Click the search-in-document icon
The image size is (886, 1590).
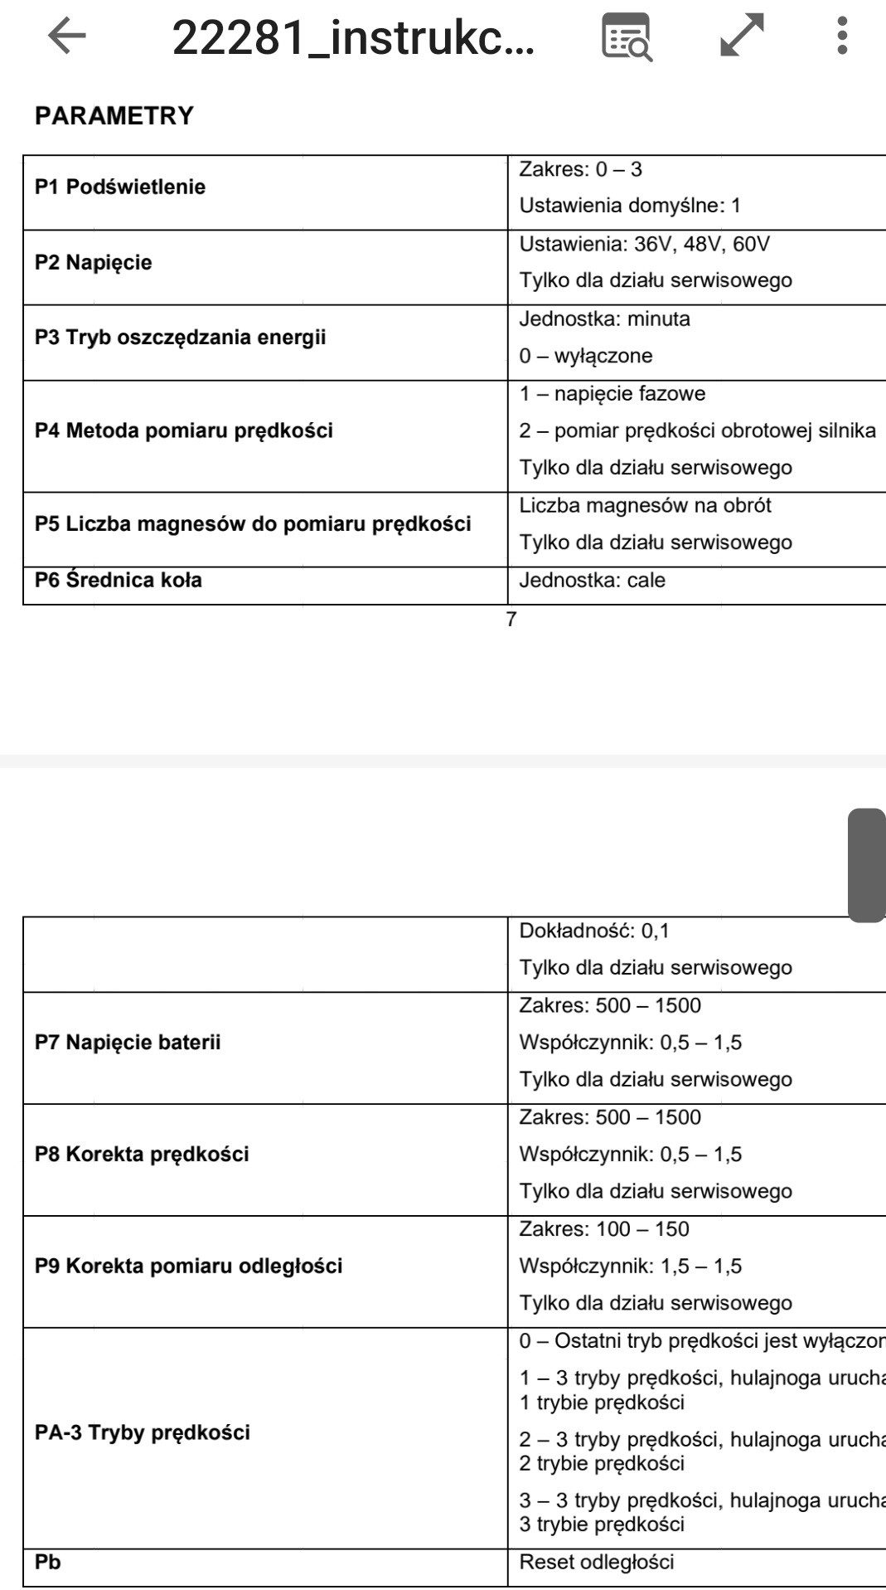click(627, 37)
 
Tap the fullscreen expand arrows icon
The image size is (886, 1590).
click(742, 36)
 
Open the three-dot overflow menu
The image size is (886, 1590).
click(842, 36)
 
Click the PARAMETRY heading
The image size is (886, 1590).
click(114, 115)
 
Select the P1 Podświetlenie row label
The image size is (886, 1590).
click(120, 187)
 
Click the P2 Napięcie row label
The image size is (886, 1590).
click(94, 263)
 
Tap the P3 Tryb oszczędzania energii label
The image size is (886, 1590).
click(181, 338)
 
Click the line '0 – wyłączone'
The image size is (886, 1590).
click(586, 356)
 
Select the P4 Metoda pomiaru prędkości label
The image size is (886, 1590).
click(184, 430)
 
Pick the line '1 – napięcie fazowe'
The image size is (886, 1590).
click(612, 393)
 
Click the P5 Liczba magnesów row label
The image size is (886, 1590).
click(253, 523)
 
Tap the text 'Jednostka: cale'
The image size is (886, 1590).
click(593, 580)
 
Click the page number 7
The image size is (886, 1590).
click(511, 619)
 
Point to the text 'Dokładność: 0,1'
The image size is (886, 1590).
click(594, 931)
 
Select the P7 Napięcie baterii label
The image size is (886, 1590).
click(128, 1043)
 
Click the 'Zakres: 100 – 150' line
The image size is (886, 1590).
click(604, 1228)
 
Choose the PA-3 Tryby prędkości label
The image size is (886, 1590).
click(143, 1432)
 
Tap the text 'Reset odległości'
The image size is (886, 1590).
click(597, 1562)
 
